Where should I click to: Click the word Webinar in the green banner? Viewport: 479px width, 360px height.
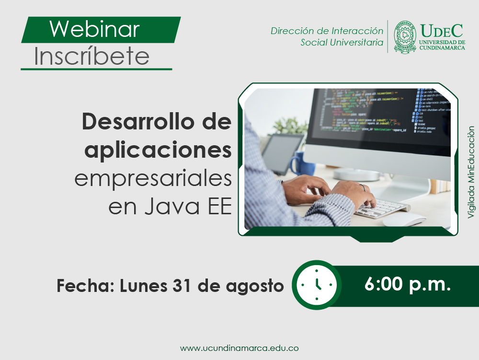tap(94, 29)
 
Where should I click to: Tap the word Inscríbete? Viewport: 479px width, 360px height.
tap(91, 57)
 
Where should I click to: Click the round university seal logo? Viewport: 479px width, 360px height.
tap(405, 37)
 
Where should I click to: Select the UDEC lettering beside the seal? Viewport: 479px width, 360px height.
tap(442, 31)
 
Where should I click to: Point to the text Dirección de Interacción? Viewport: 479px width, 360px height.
tap(327, 31)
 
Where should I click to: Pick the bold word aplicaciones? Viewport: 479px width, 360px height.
tap(158, 150)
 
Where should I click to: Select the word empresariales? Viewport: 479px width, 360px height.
tap(153, 178)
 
